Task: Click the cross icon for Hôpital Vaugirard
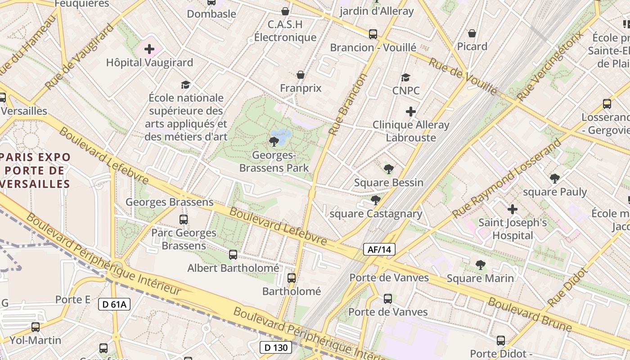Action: [x=149, y=49]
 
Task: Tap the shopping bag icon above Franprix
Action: [x=301, y=75]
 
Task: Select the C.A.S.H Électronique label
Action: [x=285, y=31]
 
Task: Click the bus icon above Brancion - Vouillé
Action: [x=373, y=34]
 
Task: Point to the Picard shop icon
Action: [x=472, y=33]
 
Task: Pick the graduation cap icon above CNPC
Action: [x=405, y=77]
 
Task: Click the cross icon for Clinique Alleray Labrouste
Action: [x=410, y=112]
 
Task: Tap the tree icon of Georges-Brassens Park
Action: [x=274, y=142]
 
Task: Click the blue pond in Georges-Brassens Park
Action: [x=283, y=134]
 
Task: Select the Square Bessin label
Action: [x=388, y=182]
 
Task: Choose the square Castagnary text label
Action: [x=376, y=213]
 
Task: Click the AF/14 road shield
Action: [x=379, y=249]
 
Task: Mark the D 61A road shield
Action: [x=114, y=304]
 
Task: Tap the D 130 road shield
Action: [x=276, y=347]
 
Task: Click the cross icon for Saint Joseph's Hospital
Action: [x=512, y=209]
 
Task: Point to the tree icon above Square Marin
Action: [x=480, y=265]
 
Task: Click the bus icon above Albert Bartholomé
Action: [x=233, y=255]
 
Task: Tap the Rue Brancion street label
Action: [x=348, y=104]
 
